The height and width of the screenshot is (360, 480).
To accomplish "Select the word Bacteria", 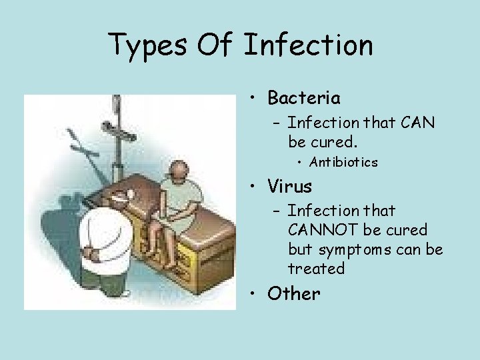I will click(304, 98).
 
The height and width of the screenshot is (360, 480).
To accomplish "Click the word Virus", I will click(289, 185).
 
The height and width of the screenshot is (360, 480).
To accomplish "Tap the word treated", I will click(316, 269).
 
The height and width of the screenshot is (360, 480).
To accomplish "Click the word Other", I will click(293, 293).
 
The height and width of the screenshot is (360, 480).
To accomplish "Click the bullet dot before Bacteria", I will click(255, 99).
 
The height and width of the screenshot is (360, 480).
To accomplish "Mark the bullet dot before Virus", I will click(255, 186).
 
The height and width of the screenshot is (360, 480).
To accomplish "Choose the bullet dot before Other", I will click(255, 294).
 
